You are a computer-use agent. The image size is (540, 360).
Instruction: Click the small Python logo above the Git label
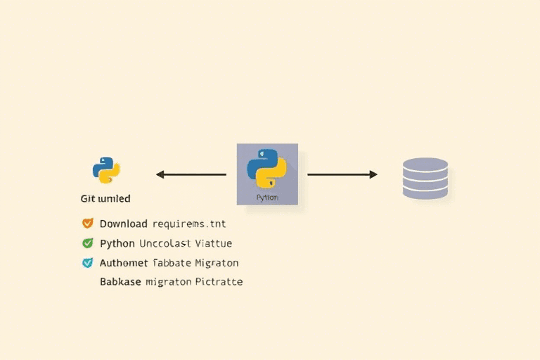[x=106, y=170]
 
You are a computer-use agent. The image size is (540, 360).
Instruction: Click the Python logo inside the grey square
[x=267, y=169]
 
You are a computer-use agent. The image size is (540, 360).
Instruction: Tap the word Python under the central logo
[x=267, y=198]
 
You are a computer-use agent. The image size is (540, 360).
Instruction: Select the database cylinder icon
[x=425, y=179]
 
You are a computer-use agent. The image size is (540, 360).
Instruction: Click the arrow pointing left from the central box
[x=191, y=174]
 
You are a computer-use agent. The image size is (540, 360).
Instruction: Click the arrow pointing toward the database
[x=342, y=174]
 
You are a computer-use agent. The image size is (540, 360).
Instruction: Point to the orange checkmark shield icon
[x=87, y=224]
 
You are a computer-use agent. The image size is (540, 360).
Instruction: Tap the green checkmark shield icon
[x=87, y=243]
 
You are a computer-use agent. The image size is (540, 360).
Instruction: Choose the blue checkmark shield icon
[x=87, y=263]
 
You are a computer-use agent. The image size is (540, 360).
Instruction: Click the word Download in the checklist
[x=124, y=224]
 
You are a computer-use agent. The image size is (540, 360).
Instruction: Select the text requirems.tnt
[x=189, y=224]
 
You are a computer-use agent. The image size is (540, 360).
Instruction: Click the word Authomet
[x=124, y=263]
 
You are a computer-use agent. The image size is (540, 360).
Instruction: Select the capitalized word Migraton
[x=217, y=263]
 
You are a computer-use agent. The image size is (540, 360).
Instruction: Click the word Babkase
[x=120, y=282]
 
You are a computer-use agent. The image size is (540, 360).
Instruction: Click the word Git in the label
[x=87, y=199]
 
